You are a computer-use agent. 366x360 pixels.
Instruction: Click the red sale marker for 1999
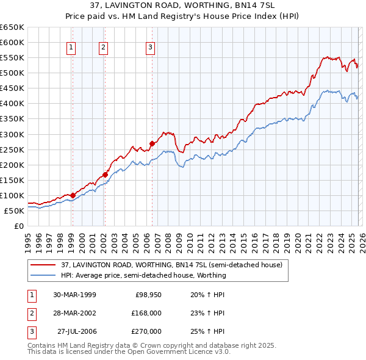click(73, 195)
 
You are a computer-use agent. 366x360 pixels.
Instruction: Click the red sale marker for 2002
click(105, 174)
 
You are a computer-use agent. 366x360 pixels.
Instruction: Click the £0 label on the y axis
click(18, 226)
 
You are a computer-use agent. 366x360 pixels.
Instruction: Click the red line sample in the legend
click(43, 265)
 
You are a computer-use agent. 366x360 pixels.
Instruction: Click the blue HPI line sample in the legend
click(43, 275)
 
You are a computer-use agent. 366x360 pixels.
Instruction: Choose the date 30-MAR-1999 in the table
click(74, 295)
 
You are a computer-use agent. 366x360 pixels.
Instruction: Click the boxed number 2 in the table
click(30, 313)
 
